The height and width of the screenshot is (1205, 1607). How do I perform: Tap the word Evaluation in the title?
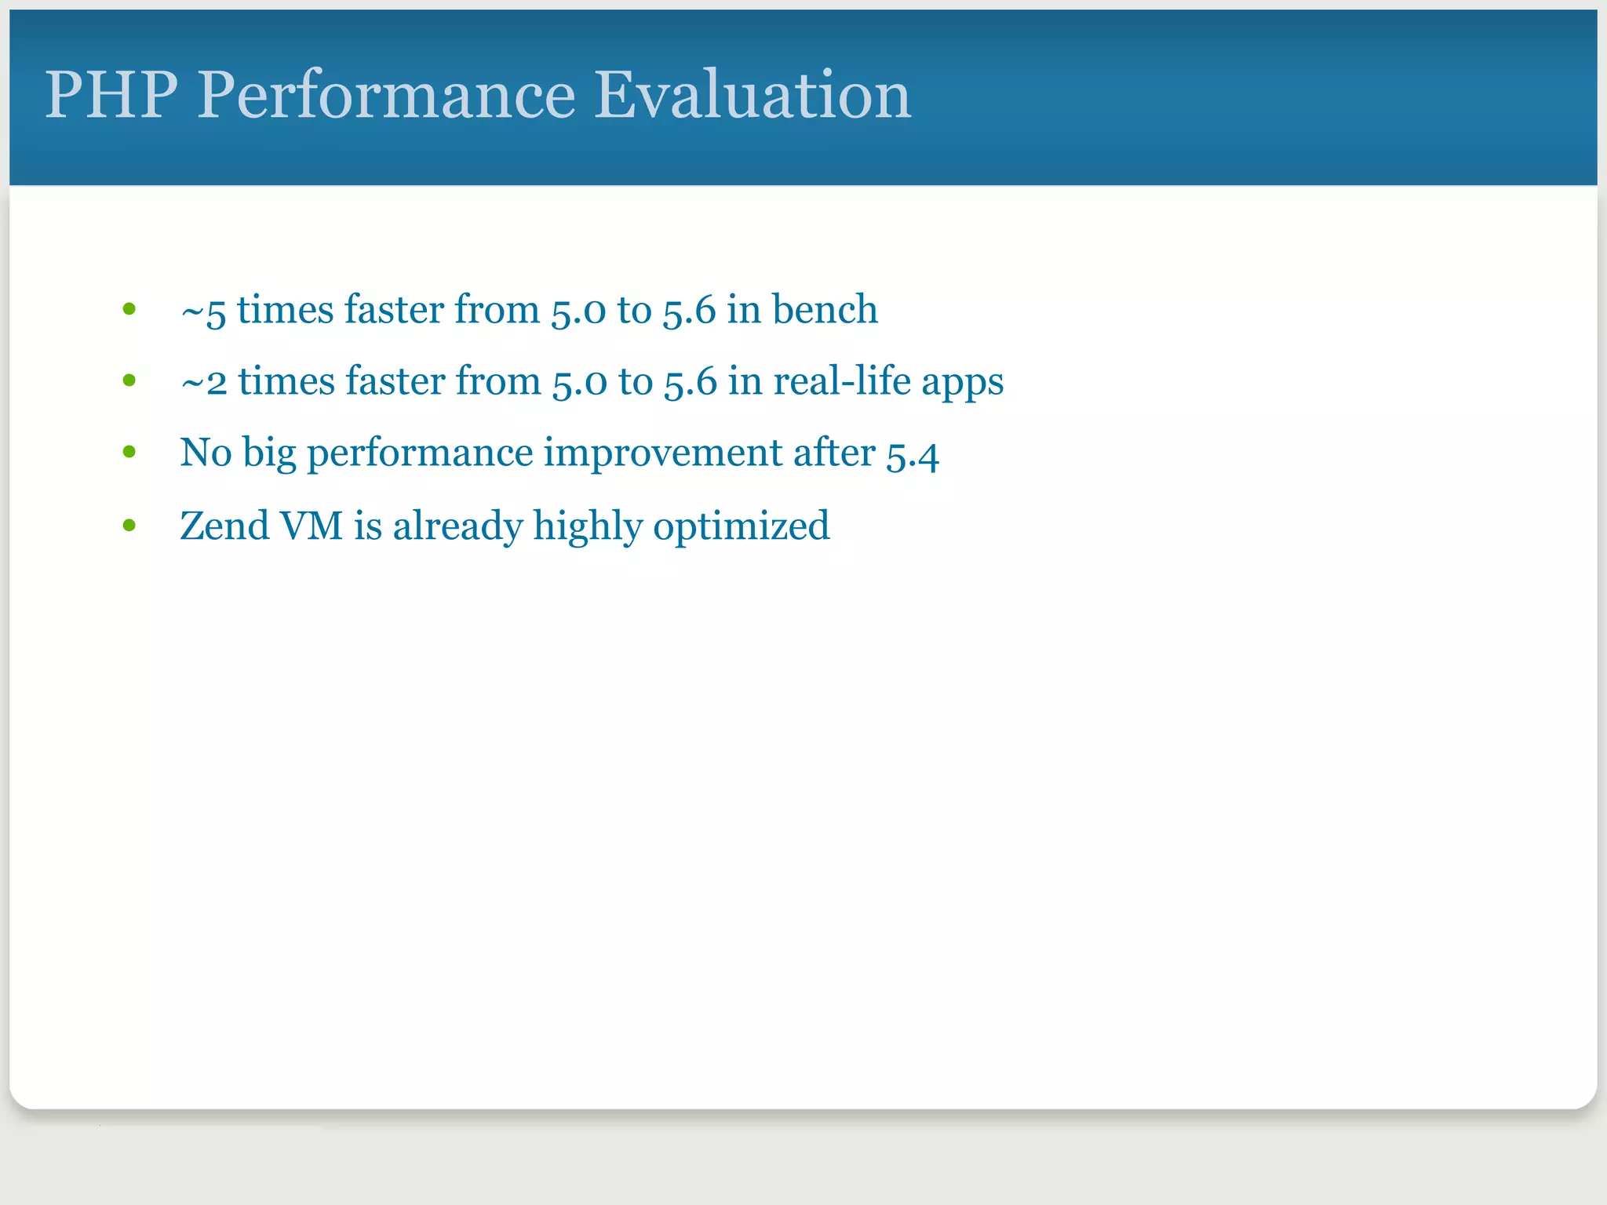[752, 95]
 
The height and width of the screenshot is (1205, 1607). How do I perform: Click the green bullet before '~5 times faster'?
[129, 309]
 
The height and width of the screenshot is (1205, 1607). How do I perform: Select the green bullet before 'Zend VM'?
[129, 526]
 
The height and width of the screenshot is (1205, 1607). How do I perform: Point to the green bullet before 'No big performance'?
[129, 453]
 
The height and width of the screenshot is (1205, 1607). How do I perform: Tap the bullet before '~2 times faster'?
[129, 381]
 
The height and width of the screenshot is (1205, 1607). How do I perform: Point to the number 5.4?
[912, 455]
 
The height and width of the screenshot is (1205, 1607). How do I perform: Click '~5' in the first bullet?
[203, 311]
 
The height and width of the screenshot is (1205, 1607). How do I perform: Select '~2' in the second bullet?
[204, 383]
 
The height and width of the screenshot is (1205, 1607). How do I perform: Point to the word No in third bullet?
[206, 453]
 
